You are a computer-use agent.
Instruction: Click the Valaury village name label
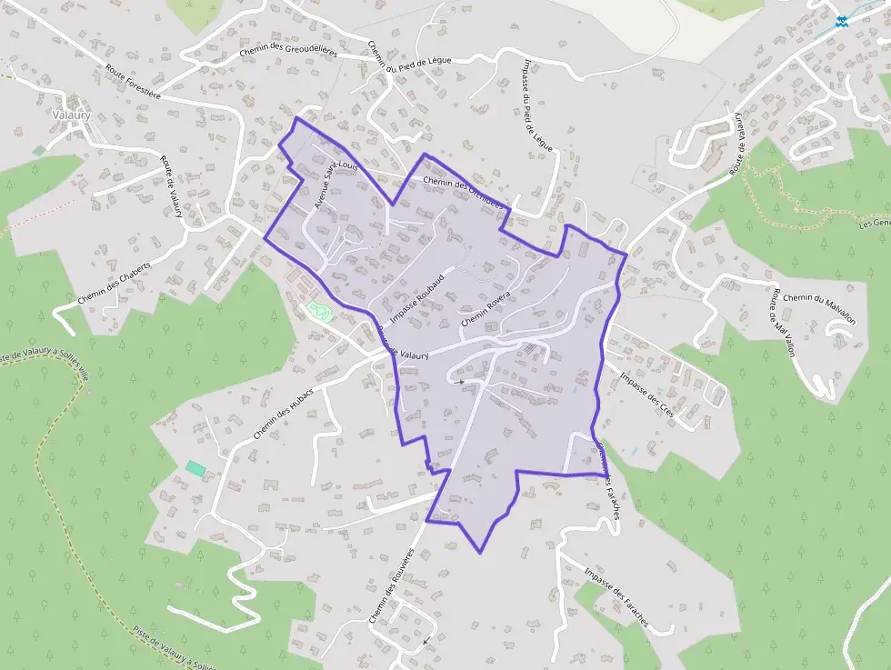(72, 116)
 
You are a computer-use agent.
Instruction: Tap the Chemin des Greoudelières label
(288, 53)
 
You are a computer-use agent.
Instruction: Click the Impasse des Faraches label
(617, 598)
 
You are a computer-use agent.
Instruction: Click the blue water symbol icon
(842, 23)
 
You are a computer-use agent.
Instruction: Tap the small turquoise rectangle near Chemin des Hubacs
(195, 467)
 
